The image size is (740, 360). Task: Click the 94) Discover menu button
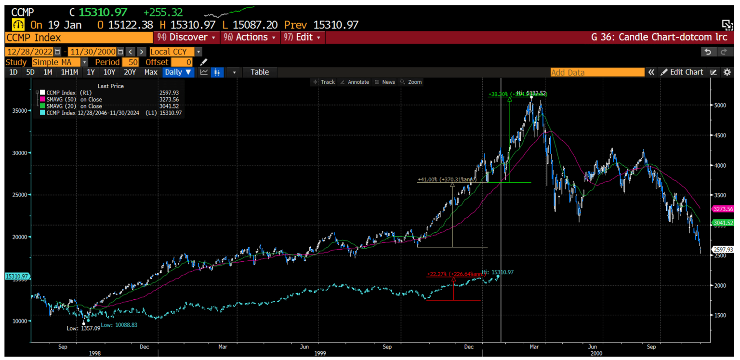(x=187, y=37)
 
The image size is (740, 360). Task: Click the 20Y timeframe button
(x=130, y=72)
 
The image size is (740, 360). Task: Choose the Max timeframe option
(x=150, y=72)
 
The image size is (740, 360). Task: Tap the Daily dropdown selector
(x=178, y=72)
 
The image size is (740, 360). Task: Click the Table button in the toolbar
(x=259, y=72)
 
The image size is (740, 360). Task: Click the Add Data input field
(x=597, y=72)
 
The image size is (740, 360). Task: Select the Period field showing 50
(x=130, y=62)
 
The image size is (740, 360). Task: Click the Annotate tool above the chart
(x=355, y=82)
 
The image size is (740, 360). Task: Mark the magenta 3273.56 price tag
(x=723, y=209)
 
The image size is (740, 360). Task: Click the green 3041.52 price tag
(x=723, y=223)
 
